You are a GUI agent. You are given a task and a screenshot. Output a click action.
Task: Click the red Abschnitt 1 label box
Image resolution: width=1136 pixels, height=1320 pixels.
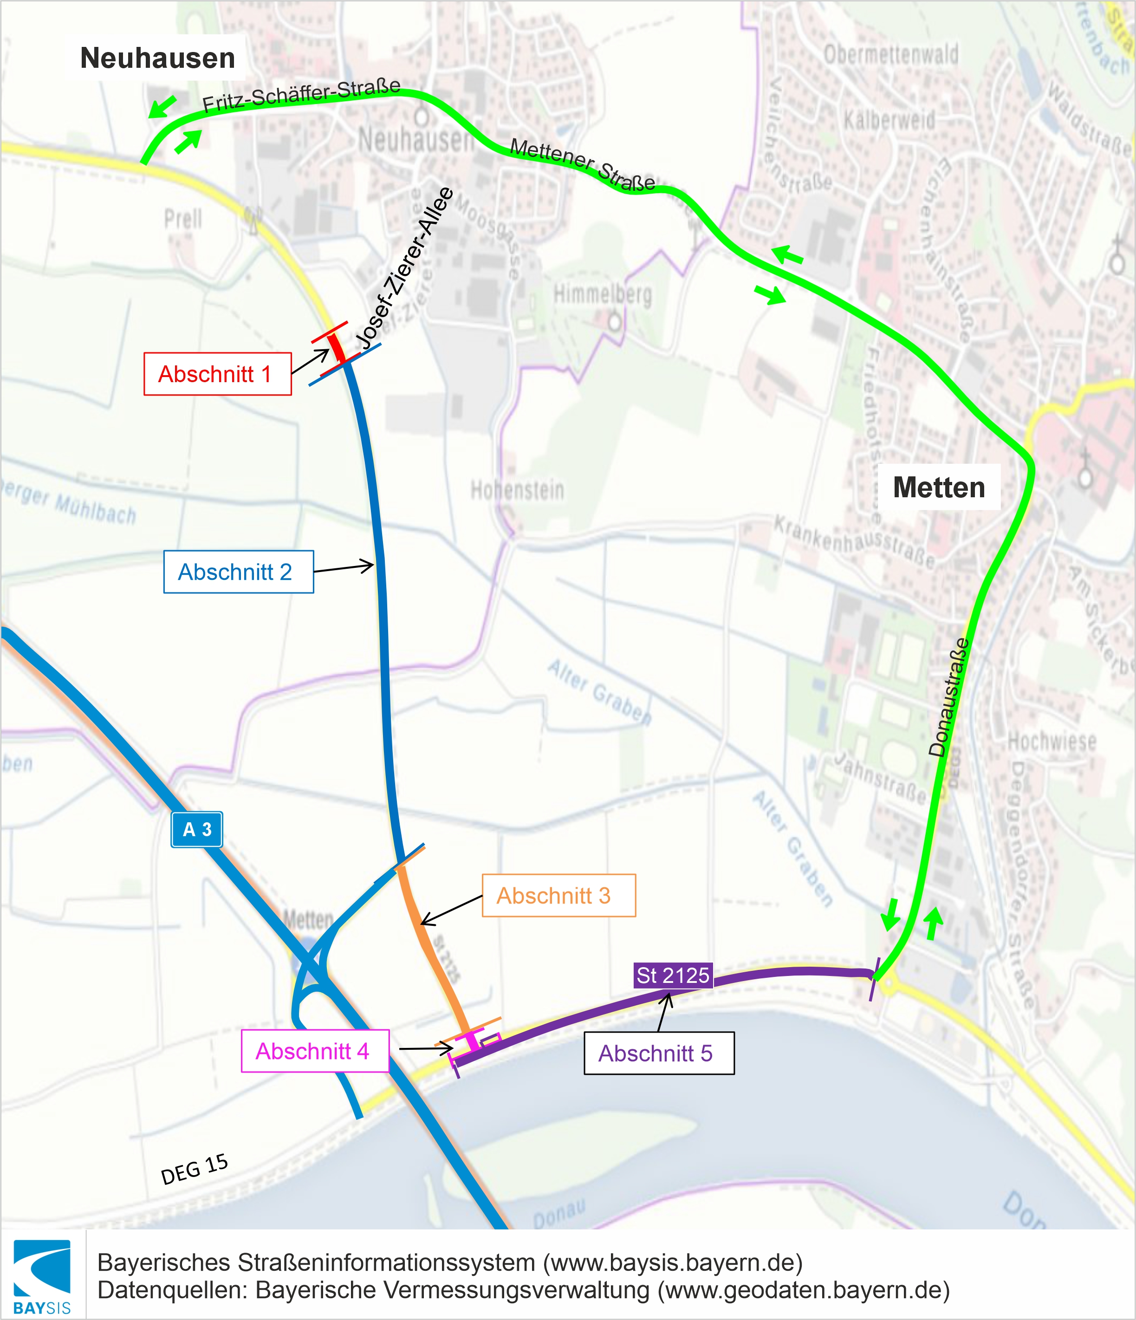[x=217, y=374]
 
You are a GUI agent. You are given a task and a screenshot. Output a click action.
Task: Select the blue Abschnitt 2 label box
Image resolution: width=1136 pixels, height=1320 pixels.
[x=238, y=572]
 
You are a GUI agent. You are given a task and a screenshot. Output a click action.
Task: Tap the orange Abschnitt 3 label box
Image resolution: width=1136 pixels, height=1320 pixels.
[x=558, y=895]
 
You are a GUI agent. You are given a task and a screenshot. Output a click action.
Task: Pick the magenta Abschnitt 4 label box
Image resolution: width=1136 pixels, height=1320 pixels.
[x=315, y=1051]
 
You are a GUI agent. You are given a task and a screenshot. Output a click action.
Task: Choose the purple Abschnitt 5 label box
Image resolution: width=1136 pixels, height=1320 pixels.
[x=659, y=1053]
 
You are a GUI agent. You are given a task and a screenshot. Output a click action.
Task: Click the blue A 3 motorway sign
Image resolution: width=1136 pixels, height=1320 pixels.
[x=197, y=829]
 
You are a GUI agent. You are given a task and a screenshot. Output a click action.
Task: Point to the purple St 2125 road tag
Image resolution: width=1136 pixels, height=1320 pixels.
[x=673, y=975]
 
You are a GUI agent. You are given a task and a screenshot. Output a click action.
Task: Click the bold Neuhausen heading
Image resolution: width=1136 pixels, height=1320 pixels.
[x=157, y=58]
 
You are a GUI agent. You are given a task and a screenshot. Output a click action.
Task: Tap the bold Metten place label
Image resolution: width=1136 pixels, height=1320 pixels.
[x=939, y=488]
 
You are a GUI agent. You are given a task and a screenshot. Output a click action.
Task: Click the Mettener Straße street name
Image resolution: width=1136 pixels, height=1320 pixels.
[x=582, y=165]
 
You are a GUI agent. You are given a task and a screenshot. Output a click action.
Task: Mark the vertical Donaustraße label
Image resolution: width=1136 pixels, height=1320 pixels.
[x=949, y=697]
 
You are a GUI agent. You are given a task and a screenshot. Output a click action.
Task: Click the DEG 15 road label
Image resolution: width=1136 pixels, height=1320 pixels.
[x=195, y=1170]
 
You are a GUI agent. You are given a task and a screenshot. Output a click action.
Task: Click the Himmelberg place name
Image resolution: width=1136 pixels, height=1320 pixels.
[x=602, y=294]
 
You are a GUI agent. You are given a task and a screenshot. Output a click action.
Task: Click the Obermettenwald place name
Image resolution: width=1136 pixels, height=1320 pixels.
[x=891, y=55]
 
